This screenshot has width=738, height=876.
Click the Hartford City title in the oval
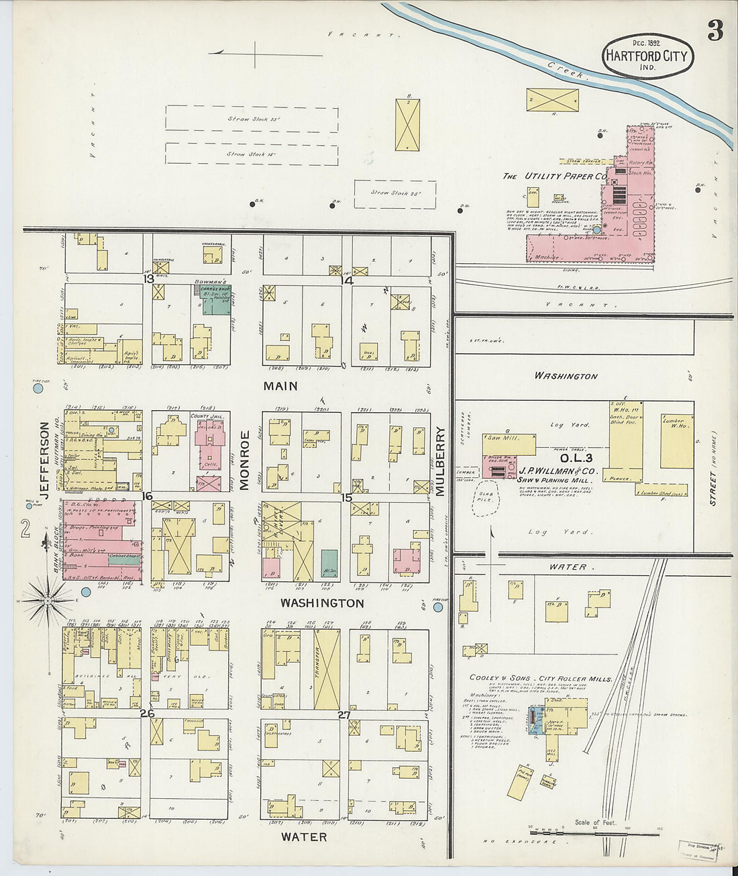click(647, 56)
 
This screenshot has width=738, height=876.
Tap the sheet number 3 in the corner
click(715, 30)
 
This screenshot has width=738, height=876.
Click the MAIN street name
click(280, 386)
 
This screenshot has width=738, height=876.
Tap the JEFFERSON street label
click(45, 459)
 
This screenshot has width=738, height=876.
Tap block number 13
click(148, 279)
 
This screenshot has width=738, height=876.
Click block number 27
click(344, 715)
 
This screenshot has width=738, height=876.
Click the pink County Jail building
click(209, 446)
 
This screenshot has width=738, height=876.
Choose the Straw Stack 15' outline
click(252, 154)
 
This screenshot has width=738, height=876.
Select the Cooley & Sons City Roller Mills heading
click(540, 679)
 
